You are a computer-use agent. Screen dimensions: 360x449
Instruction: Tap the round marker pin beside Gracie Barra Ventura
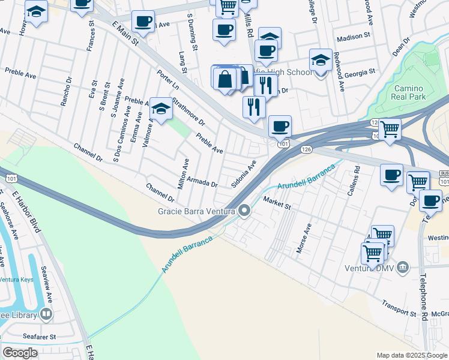[x=244, y=211]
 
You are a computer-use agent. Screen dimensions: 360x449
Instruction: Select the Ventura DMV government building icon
[x=403, y=266]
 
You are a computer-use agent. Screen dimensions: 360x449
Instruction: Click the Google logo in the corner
[x=20, y=353]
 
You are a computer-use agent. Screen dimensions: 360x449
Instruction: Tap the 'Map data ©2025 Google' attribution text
[x=411, y=355]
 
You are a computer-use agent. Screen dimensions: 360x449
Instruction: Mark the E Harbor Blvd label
[x=29, y=211]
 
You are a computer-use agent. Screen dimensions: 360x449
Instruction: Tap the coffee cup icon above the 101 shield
[x=280, y=127]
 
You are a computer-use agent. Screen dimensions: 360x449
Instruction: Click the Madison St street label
[x=354, y=37]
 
